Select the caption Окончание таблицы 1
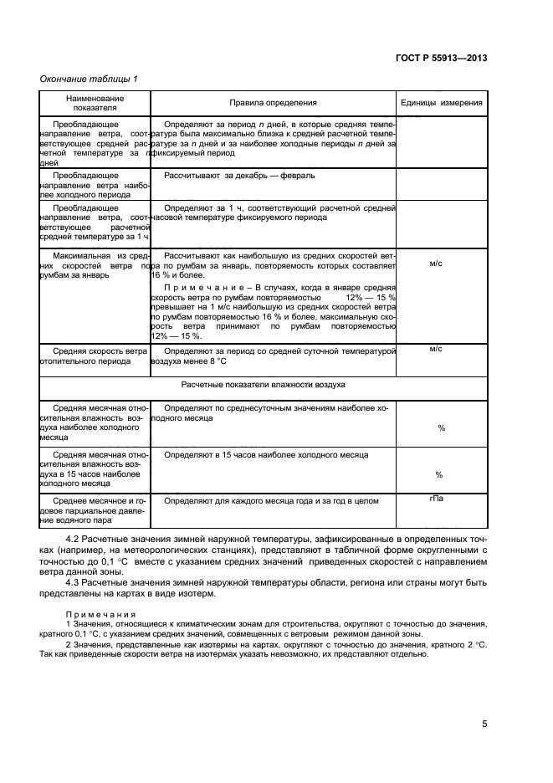tap(89, 79)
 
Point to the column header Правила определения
tap(273, 103)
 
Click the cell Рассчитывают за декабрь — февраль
tap(239, 177)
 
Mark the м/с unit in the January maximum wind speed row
tap(436, 263)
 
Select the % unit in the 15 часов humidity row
tap(440, 474)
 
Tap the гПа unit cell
tap(436, 499)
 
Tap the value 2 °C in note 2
tap(476, 644)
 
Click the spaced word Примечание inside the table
tap(197, 286)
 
